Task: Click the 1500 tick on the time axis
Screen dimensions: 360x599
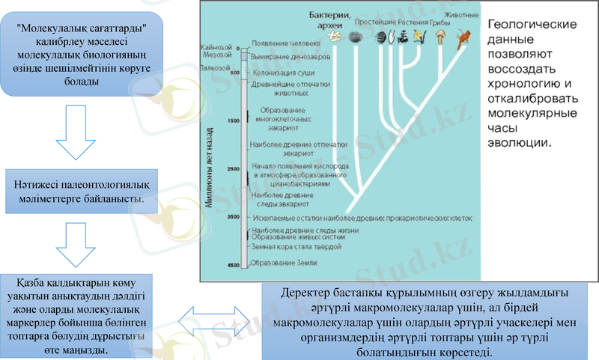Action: tap(232, 120)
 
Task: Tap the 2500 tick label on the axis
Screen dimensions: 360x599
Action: tap(232, 168)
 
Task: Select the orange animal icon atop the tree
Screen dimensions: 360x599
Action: tap(464, 35)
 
